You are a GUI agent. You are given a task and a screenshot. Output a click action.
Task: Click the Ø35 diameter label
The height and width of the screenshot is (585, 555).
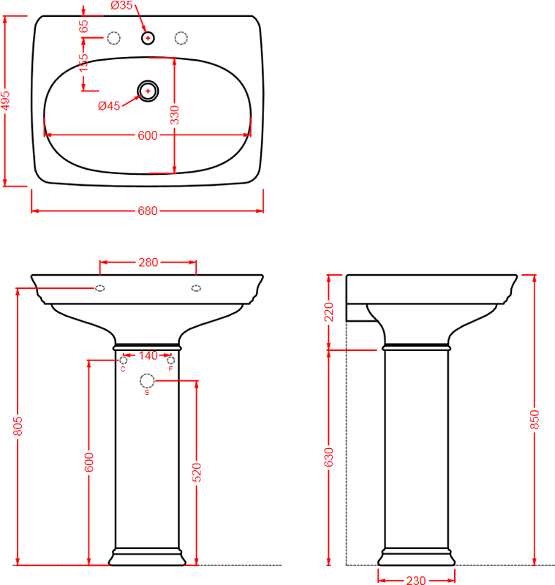[121, 5]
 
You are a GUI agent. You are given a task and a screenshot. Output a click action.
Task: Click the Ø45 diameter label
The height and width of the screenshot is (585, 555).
[109, 106]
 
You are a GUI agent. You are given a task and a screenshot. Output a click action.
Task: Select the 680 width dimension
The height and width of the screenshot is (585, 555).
[147, 211]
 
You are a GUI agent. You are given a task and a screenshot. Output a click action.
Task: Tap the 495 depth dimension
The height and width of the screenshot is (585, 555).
[5, 101]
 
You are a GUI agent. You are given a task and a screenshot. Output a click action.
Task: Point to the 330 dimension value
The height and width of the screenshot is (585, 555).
[174, 115]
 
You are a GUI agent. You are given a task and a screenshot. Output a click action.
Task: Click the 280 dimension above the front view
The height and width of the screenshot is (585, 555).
[148, 263]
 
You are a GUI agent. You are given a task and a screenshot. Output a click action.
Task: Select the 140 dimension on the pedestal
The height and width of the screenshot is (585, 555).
[148, 355]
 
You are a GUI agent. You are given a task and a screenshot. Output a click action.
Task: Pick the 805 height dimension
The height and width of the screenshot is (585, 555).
[18, 426]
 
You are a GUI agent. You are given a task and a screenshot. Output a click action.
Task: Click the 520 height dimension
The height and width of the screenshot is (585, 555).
[197, 472]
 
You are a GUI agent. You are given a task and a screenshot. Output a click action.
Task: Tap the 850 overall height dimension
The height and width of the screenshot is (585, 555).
[535, 419]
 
